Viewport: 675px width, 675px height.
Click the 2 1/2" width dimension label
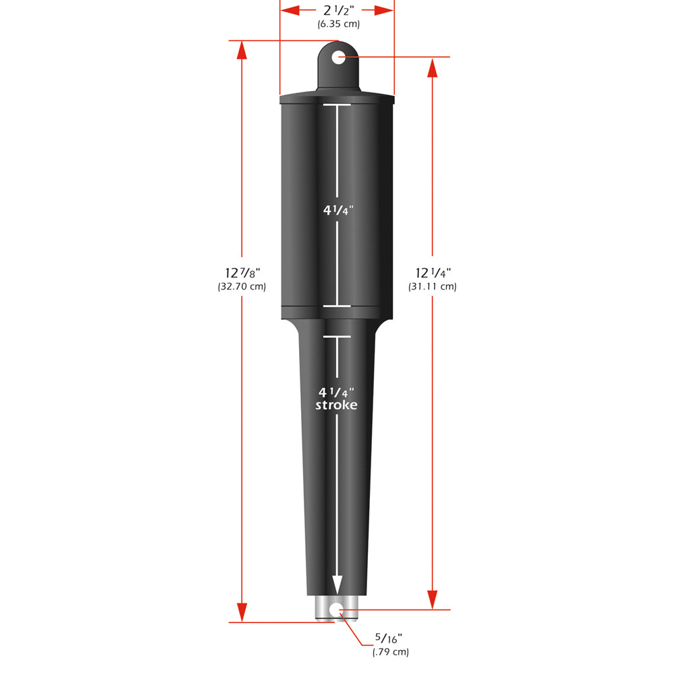[337, 10]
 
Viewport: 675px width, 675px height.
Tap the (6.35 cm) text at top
[338, 24]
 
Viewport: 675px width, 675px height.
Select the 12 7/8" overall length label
[242, 273]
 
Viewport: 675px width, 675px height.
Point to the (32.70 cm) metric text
[242, 286]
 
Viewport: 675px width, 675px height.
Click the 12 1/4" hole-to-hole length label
[433, 273]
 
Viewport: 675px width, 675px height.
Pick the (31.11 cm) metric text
[433, 286]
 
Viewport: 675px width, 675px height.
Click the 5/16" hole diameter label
[391, 638]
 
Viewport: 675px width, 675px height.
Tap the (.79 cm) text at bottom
[391, 651]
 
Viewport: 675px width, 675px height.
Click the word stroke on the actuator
[336, 405]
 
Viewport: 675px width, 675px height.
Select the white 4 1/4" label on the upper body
[336, 210]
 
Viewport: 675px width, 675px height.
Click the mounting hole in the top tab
[338, 57]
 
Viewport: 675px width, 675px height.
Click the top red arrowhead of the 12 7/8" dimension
[242, 51]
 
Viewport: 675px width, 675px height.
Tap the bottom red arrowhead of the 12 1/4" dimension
[433, 599]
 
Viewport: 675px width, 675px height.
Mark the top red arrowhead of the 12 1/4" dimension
[433, 67]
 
